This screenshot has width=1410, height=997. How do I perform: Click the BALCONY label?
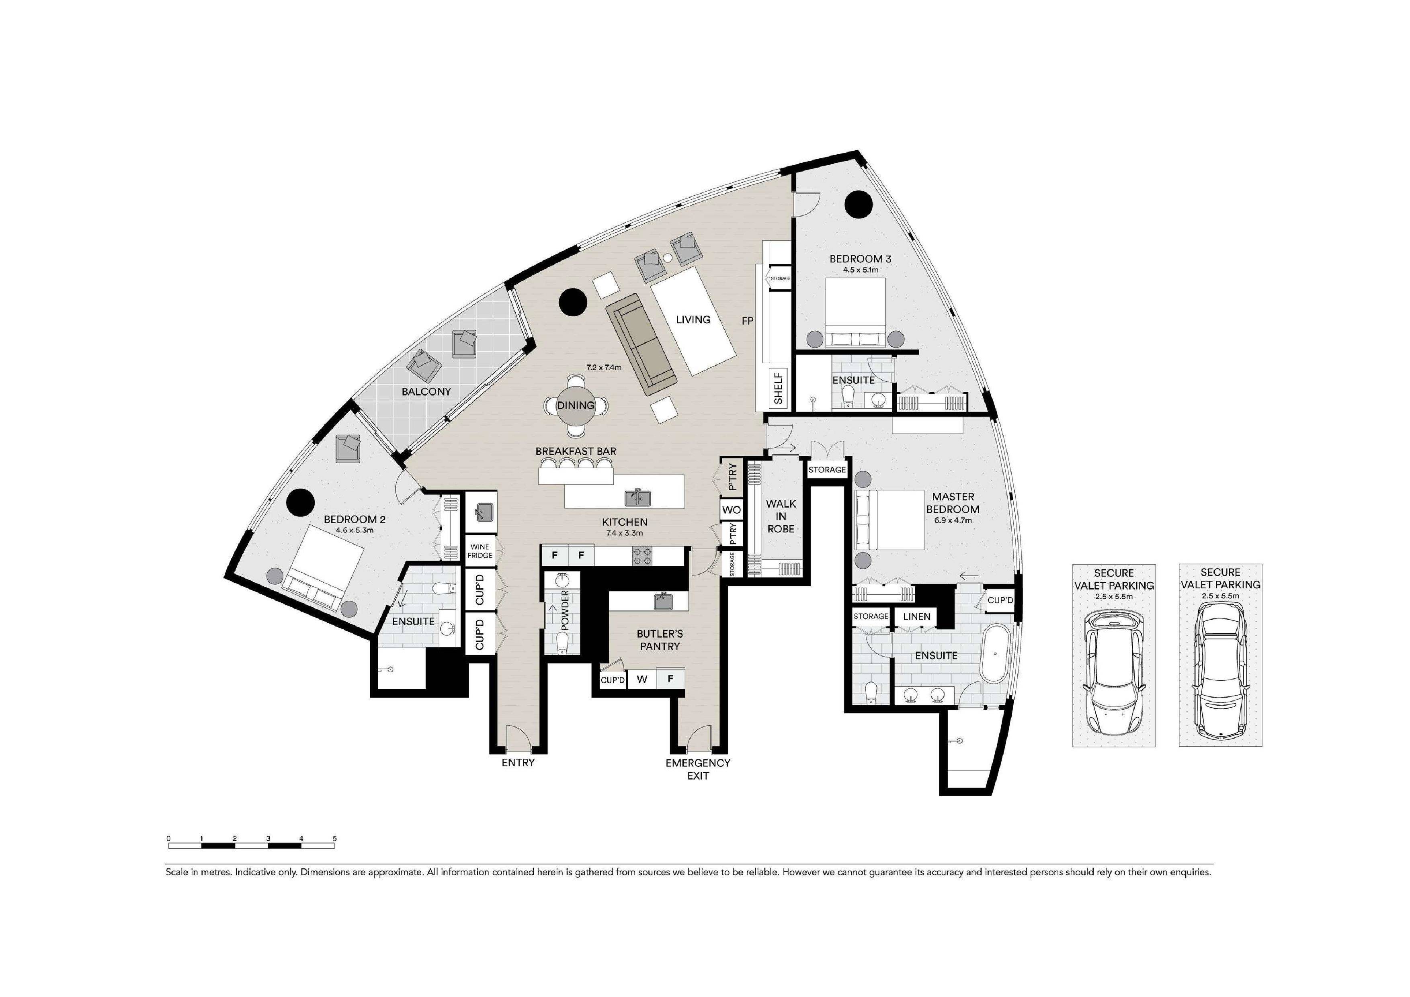[x=426, y=392]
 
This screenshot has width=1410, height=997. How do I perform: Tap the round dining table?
[x=576, y=405]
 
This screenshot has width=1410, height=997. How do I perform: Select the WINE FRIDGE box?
[x=480, y=551]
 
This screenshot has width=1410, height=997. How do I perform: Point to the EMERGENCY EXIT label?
[x=698, y=769]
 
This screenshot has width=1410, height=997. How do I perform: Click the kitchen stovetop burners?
[x=642, y=556]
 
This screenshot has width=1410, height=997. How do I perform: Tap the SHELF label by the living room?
[x=779, y=388]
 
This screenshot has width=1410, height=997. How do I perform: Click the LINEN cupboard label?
[x=916, y=616]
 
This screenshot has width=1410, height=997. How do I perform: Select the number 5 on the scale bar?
[x=335, y=838]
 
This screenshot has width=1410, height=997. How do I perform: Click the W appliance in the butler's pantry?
[x=642, y=679]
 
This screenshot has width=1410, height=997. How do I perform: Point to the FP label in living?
[x=747, y=320]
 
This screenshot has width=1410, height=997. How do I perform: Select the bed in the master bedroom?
[x=890, y=520]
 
